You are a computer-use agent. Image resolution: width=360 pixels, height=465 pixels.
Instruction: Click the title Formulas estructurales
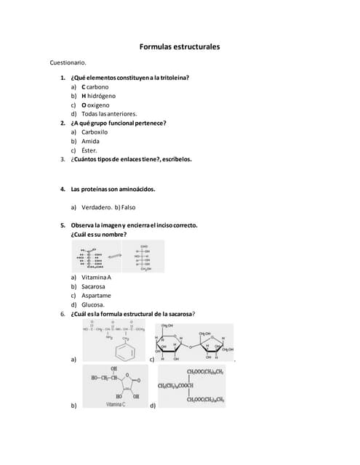[180, 47]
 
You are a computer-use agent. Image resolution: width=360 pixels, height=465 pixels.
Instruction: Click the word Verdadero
[96, 207]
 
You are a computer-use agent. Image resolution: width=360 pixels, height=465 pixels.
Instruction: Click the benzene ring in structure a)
[124, 352]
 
